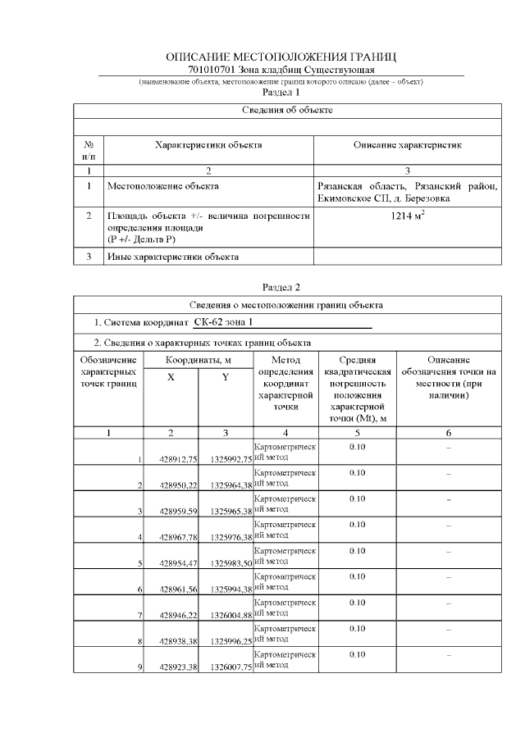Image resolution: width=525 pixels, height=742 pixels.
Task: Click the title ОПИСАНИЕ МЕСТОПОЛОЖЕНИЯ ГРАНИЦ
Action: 281,57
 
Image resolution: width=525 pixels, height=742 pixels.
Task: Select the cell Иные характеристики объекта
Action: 173,257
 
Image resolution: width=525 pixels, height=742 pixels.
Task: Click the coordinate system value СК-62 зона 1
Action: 229,322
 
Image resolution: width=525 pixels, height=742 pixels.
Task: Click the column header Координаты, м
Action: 198,360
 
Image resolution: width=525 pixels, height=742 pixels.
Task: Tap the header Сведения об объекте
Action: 287,110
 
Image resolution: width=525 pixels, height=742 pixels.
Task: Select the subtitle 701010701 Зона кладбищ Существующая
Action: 281,71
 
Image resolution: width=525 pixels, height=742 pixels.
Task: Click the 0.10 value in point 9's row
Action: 357,655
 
